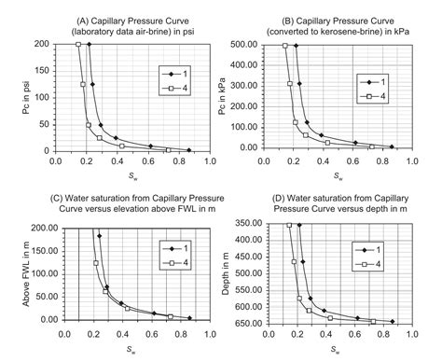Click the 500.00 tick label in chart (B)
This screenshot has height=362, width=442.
point(257,44)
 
